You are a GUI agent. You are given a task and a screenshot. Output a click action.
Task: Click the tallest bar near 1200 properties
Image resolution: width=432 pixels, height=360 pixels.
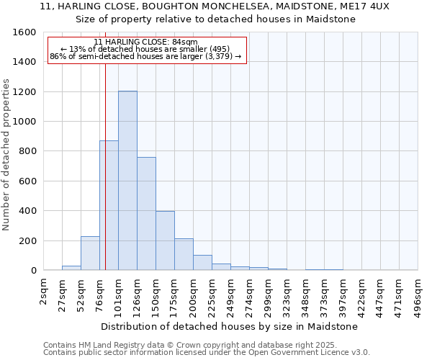[x=127, y=180]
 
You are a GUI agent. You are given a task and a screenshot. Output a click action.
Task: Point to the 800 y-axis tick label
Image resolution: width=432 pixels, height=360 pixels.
[x=28, y=151]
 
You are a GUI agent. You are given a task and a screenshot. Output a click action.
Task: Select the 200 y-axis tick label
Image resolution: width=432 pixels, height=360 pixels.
[x=28, y=240]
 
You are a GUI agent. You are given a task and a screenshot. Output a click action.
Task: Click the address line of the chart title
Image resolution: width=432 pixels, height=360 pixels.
[x=215, y=6]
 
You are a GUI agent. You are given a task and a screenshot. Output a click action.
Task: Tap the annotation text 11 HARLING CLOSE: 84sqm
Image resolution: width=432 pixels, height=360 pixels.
[x=145, y=42]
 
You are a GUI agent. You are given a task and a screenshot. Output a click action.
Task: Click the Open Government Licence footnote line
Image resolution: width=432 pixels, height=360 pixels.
[x=207, y=353]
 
